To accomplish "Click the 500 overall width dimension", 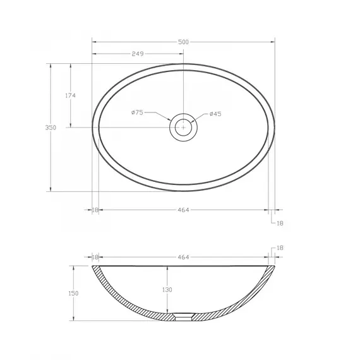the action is [183, 42].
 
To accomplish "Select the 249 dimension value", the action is [138, 54].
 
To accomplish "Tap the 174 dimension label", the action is [70, 95].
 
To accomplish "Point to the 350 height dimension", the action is [51, 128].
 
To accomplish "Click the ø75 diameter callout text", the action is [137, 112].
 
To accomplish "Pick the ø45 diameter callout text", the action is [215, 114].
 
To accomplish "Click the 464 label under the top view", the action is [183, 210].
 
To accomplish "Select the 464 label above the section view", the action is [183, 257].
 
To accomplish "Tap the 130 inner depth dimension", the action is [167, 290].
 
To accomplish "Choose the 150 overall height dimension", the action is [73, 294].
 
